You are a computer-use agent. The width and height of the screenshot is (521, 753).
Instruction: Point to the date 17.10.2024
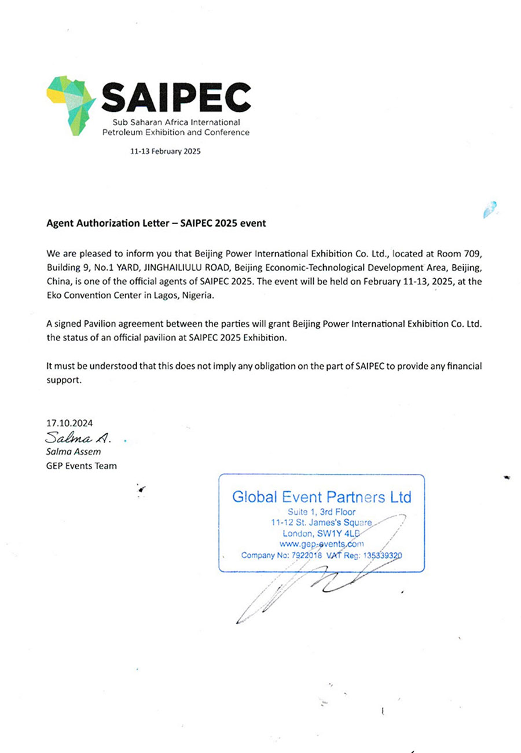point(69,423)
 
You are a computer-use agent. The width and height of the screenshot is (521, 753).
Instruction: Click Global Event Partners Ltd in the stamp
point(321,497)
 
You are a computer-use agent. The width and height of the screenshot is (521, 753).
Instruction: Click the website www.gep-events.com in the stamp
point(321,544)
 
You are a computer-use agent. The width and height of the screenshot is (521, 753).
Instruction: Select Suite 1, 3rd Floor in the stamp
point(321,511)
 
